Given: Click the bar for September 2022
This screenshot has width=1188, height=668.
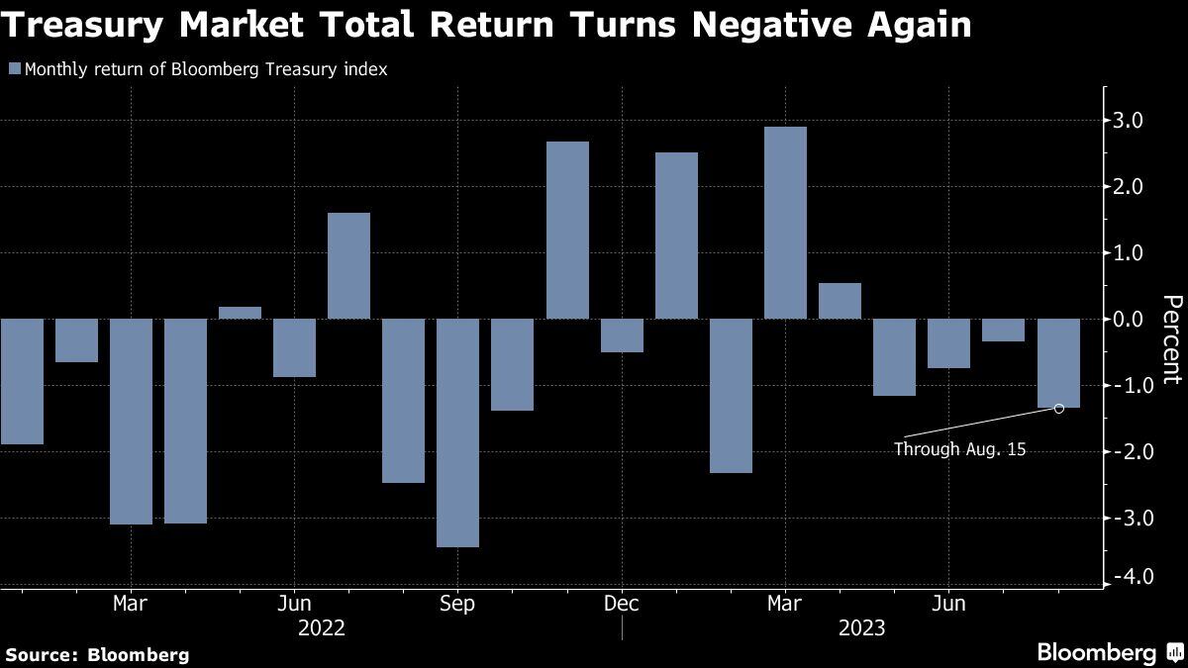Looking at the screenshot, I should point(457,432).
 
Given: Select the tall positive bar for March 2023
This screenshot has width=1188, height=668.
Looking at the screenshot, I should point(785,223).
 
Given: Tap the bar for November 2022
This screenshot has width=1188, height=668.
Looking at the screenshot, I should point(567,230).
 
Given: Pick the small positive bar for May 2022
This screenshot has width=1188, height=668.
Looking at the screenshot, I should point(240,313).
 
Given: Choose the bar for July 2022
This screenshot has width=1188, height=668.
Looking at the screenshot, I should point(348,265).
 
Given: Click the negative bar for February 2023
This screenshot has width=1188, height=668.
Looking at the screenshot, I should point(731,396).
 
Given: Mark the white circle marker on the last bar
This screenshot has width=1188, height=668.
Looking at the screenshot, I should point(1059,408).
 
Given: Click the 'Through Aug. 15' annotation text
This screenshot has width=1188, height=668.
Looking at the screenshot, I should point(959,449).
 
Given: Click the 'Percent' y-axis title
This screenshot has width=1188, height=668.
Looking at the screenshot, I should point(1171,339).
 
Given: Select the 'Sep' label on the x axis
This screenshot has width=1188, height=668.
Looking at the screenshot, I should point(456,603).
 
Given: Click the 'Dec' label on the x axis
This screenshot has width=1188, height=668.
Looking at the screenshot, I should point(621,603).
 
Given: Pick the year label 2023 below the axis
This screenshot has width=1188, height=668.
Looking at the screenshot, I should point(861,628).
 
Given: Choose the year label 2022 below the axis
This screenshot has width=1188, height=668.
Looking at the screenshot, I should point(322,628).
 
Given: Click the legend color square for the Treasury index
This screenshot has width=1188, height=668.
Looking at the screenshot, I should point(14,70).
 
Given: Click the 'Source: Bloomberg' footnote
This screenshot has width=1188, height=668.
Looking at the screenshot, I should point(97,654).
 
